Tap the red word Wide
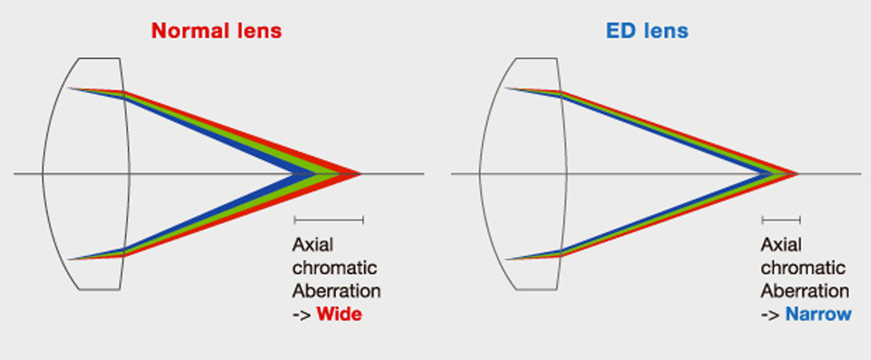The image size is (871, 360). pyautogui.click(x=339, y=314)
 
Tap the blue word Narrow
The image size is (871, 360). pyautogui.click(x=819, y=314)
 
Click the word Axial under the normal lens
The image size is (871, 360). pyautogui.click(x=312, y=245)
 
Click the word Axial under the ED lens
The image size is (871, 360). pyautogui.click(x=781, y=245)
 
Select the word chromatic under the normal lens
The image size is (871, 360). pyautogui.click(x=335, y=268)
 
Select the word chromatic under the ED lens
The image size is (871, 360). pyautogui.click(x=803, y=268)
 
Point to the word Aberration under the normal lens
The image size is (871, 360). pyautogui.click(x=336, y=291)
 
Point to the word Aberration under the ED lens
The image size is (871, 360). pyautogui.click(x=805, y=291)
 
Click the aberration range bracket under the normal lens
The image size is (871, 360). pyautogui.click(x=329, y=220)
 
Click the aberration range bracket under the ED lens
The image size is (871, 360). pyautogui.click(x=781, y=220)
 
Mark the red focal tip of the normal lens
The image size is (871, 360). pyautogui.click(x=361, y=174)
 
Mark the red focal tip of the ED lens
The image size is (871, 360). pyautogui.click(x=798, y=174)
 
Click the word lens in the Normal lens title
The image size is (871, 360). pyautogui.click(x=259, y=30)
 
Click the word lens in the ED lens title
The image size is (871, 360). pyautogui.click(x=666, y=30)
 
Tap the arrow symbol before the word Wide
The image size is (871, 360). pyautogui.click(x=302, y=315)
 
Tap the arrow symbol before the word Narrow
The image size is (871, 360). pyautogui.click(x=770, y=315)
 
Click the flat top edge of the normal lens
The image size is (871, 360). pyautogui.click(x=100, y=58)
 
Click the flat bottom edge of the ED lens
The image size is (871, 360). pyautogui.click(x=537, y=289)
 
